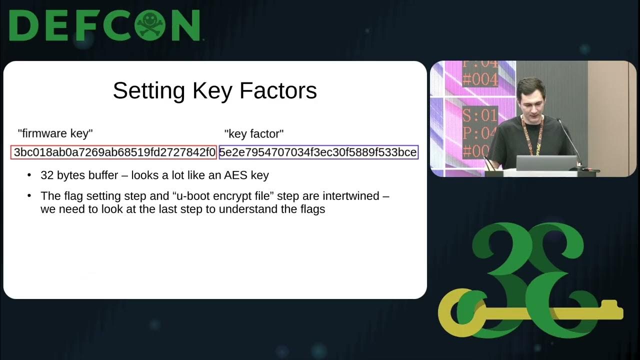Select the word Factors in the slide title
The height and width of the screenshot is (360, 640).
(278, 91)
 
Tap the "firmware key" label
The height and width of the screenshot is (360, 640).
(55, 133)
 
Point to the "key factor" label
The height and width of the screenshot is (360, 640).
(254, 133)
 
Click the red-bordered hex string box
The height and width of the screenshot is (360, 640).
(114, 152)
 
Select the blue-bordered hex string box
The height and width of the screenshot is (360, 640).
(318, 152)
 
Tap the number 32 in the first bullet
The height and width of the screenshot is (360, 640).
(47, 175)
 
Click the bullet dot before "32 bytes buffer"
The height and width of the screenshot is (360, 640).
(30, 175)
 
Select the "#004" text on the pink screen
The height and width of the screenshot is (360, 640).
(480, 79)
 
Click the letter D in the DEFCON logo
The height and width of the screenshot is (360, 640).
(23, 25)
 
